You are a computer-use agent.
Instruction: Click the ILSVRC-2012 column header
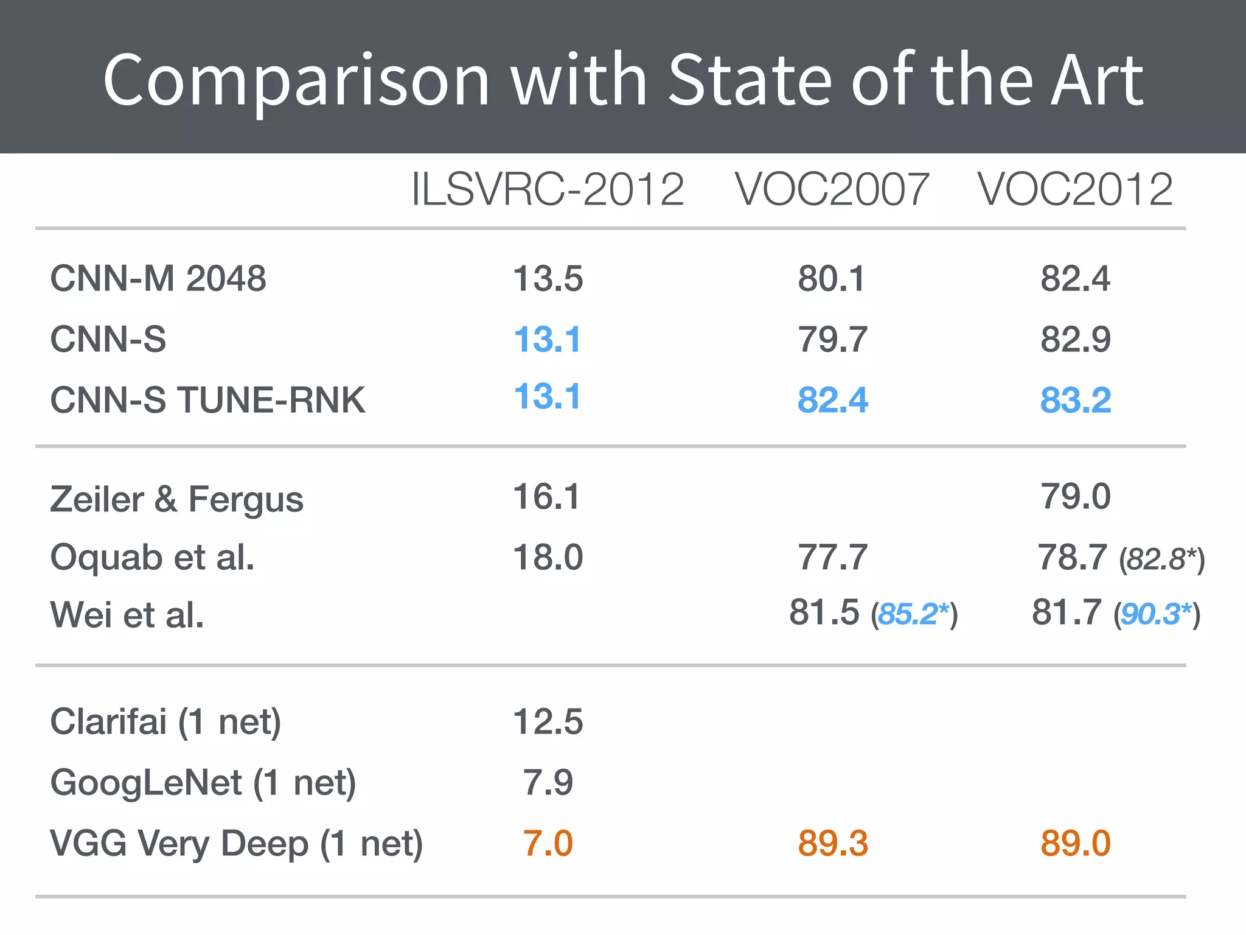coord(548,189)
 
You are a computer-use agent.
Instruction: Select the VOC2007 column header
coord(832,189)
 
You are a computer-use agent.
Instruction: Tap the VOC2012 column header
coord(1075,189)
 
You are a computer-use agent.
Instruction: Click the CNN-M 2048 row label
coord(158,279)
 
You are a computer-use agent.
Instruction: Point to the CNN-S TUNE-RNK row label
coord(207,401)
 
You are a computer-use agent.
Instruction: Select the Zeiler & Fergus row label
coord(176,500)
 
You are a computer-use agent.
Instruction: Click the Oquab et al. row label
coord(152,558)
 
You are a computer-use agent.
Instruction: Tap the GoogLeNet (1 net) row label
coord(203,783)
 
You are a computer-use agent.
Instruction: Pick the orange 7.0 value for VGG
coord(548,844)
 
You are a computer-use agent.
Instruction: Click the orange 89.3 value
coord(833,844)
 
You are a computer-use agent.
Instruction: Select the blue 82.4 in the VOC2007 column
coord(833,401)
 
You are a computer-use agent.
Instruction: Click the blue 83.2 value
coord(1076,401)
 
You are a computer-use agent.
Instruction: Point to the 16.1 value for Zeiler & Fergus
coord(547,497)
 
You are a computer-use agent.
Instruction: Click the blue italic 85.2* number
coord(913,614)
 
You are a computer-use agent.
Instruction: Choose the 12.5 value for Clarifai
coord(548,722)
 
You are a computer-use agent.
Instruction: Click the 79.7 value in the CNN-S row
coord(833,340)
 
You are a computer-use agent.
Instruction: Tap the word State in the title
coord(750,80)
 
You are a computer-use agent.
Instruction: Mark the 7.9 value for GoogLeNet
coord(548,783)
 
